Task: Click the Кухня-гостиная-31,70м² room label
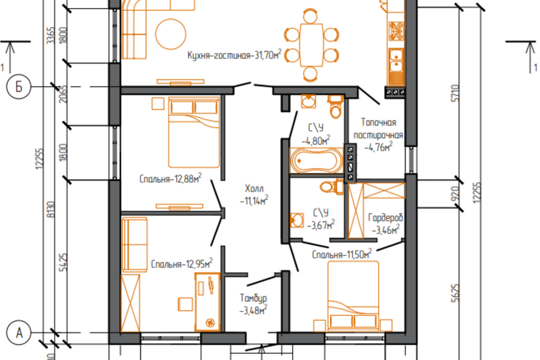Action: click(234, 55)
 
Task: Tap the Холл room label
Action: click(254, 194)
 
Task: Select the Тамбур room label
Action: click(254, 304)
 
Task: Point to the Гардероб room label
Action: click(385, 223)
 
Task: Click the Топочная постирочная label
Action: click(378, 134)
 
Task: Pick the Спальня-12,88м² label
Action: click(170, 178)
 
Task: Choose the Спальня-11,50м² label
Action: click(342, 254)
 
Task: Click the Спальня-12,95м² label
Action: click(182, 264)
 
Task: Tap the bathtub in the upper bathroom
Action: click(317, 160)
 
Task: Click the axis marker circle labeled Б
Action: click(19, 87)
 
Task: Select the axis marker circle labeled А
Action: click(19, 333)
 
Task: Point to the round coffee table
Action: click(171, 34)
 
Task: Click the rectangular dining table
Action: click(311, 45)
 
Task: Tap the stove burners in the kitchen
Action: click(397, 31)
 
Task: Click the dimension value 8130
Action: click(51, 209)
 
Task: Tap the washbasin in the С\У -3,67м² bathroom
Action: click(296, 220)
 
